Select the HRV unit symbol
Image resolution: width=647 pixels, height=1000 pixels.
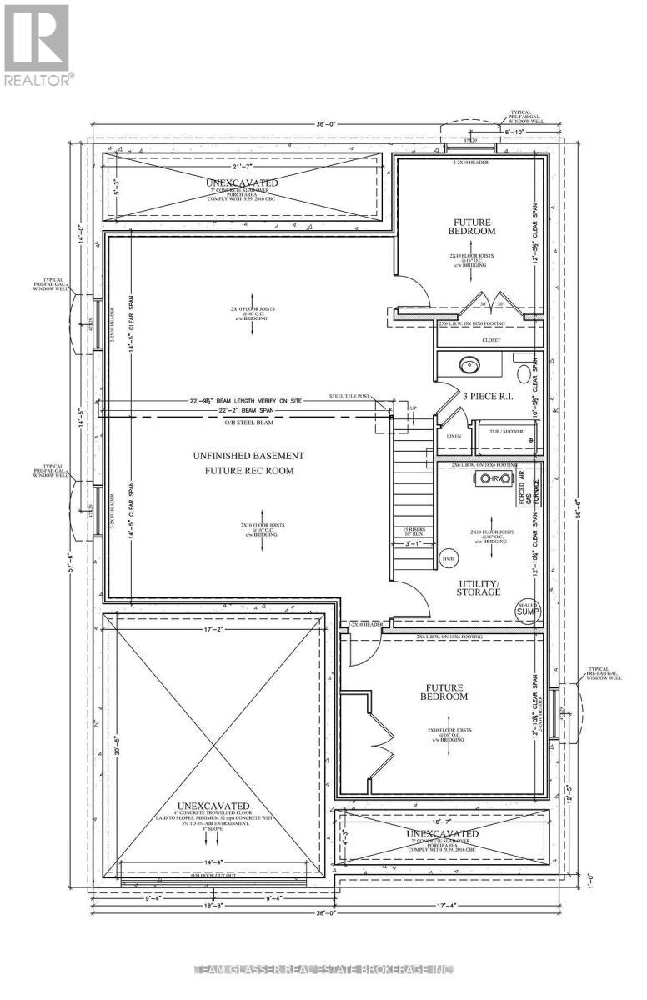click(489, 479)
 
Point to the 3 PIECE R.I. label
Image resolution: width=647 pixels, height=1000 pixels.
click(475, 399)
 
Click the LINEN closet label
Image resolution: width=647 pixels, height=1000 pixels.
click(454, 436)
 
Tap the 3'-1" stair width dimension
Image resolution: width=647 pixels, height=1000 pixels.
click(413, 543)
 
